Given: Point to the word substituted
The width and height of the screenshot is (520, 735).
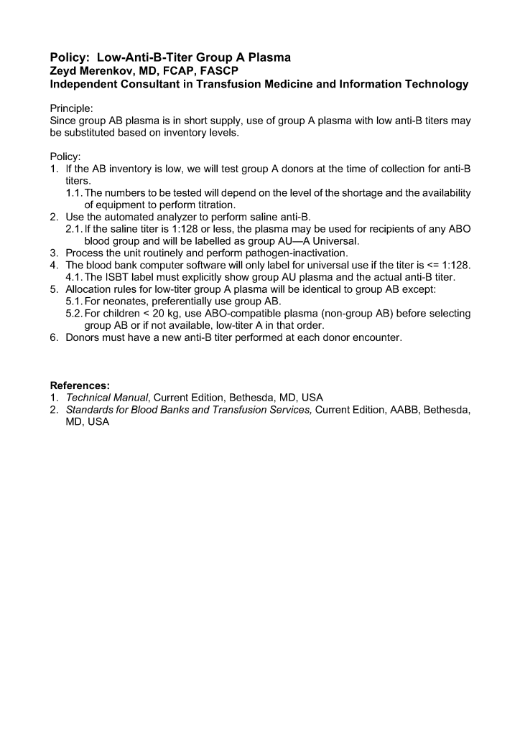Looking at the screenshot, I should (90, 133).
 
